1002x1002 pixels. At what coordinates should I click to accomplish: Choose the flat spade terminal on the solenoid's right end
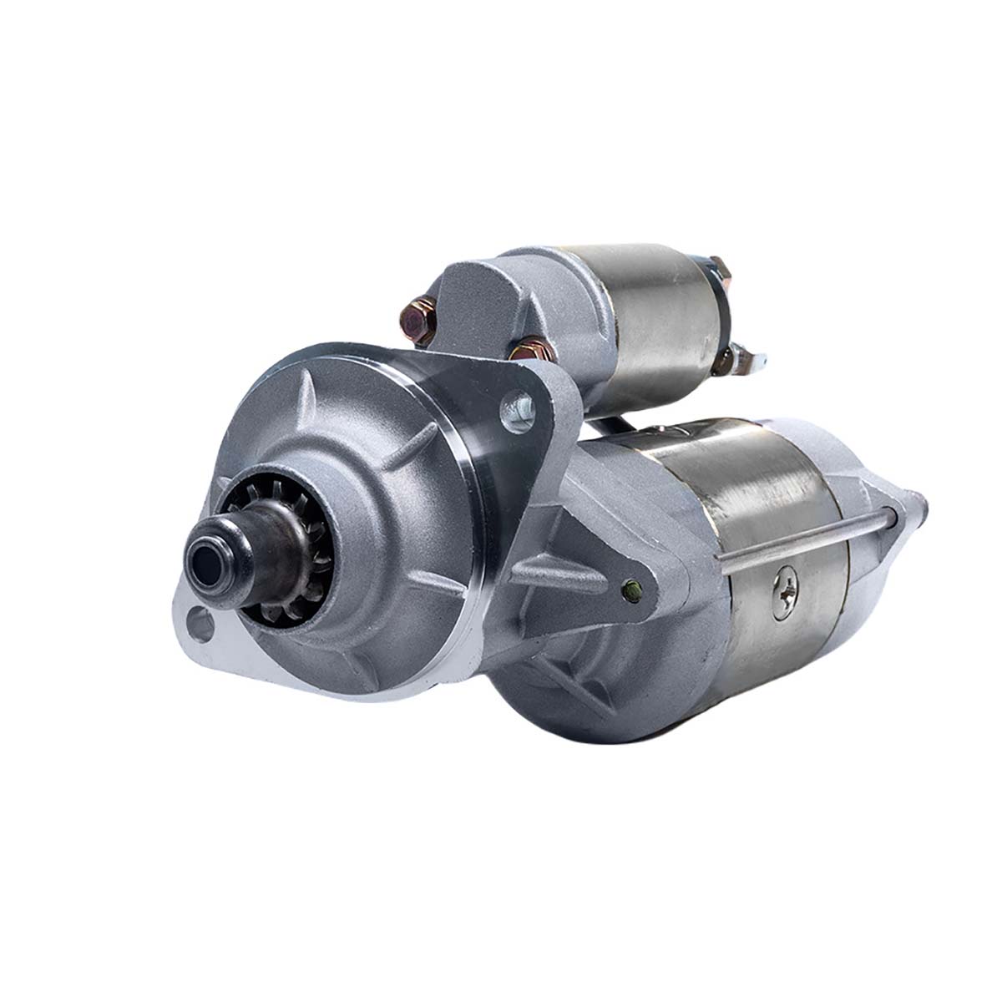[x=751, y=362]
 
